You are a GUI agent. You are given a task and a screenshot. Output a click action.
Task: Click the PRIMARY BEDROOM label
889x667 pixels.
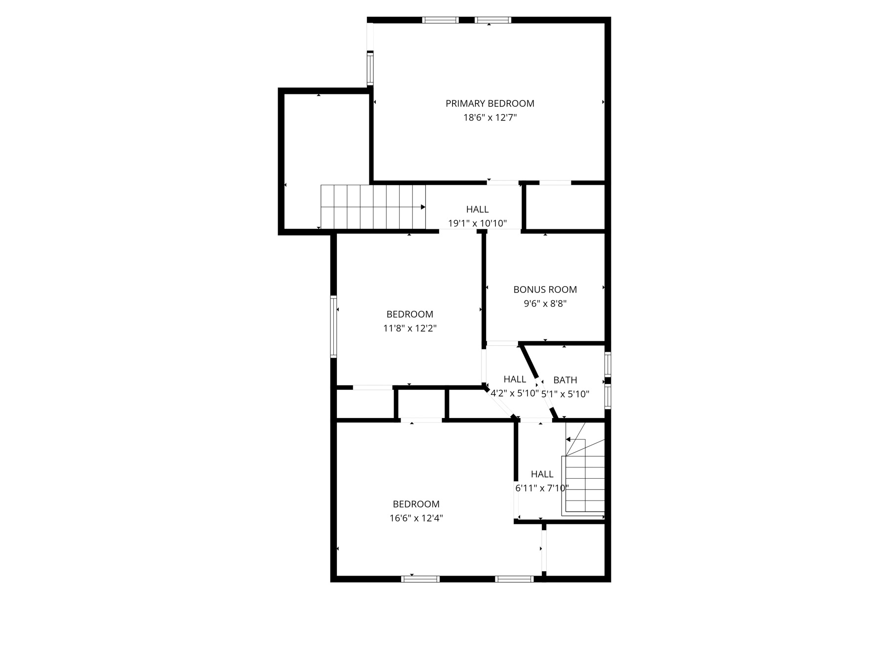point(489,103)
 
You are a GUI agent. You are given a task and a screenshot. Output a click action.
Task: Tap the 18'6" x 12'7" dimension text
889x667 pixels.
point(489,118)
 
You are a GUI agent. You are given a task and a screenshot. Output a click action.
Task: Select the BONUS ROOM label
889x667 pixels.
point(545,290)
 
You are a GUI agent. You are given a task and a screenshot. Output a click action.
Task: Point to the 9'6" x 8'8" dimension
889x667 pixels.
point(545,304)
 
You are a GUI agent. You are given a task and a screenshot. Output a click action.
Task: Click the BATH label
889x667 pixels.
point(565,380)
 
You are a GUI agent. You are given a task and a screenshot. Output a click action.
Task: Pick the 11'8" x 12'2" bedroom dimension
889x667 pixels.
point(409,328)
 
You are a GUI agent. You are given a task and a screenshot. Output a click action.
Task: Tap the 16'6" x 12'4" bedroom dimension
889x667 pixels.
point(416,518)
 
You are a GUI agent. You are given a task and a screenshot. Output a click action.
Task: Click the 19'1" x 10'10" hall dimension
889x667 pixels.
point(477,223)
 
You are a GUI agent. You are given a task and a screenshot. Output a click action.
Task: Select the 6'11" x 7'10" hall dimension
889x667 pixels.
point(542,488)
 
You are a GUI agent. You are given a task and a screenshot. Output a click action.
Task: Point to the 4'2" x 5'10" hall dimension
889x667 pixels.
point(514,394)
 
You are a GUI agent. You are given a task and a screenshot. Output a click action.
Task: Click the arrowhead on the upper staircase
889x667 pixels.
point(423,207)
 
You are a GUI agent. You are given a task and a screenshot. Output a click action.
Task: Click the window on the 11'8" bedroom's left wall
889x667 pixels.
point(333,326)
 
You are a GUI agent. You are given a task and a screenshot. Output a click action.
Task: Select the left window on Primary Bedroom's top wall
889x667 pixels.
point(441,20)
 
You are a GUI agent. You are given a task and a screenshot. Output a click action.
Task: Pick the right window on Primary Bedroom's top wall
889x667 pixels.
point(492,20)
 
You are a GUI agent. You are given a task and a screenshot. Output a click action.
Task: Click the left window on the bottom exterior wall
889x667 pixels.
point(420,579)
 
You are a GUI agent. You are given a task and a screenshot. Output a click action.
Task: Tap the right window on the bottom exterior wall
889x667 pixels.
point(514,579)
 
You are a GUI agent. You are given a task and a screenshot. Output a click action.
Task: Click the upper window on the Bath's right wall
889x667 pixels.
point(607,364)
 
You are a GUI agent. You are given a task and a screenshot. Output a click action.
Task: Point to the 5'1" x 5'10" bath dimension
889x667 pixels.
point(565,394)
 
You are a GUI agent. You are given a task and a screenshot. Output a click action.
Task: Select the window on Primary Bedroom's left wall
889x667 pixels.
point(370,68)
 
